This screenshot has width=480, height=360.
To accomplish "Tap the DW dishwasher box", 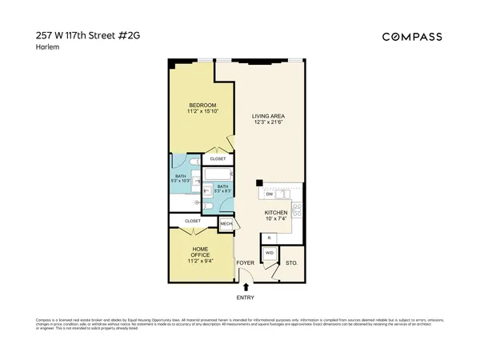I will (x=270, y=194).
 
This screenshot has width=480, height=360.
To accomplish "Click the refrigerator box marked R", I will (x=269, y=238).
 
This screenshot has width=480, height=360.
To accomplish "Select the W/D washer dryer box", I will (x=270, y=253).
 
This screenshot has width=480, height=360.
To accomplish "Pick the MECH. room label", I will (x=226, y=223).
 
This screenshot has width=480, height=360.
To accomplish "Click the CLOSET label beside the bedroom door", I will (x=218, y=158).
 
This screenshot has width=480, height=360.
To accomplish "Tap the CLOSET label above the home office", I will (x=193, y=220).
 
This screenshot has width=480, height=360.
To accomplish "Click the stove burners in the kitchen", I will (x=297, y=210).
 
